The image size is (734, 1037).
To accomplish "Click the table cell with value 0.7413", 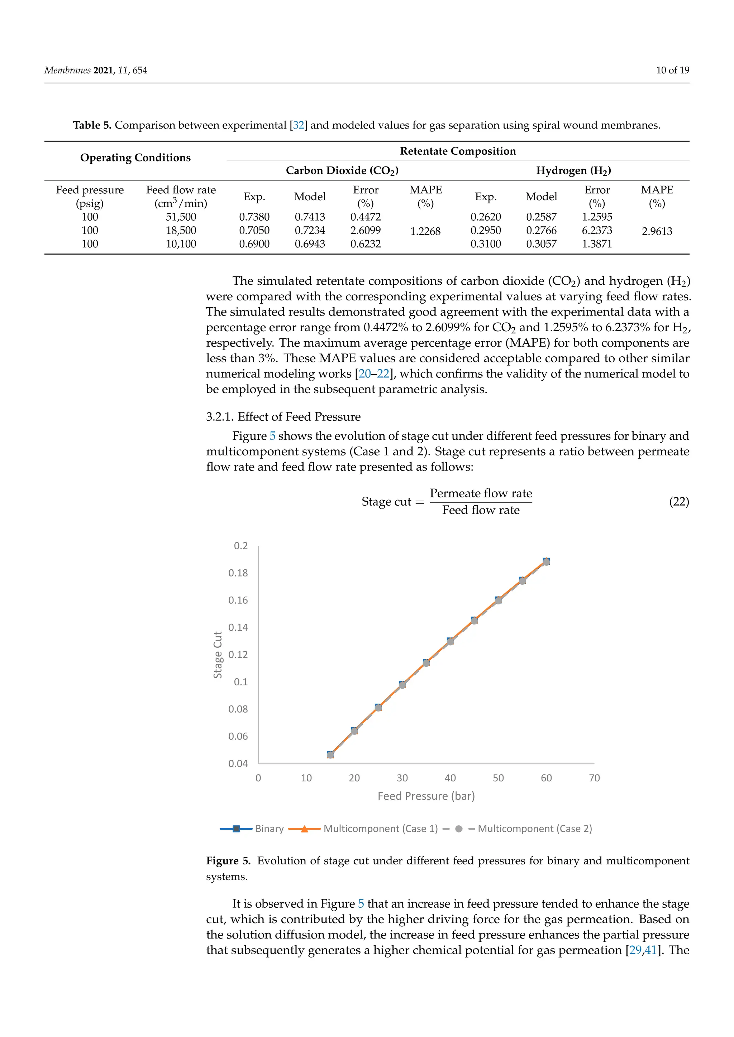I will tap(310, 217).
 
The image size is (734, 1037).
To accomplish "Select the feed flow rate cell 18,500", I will tap(181, 230).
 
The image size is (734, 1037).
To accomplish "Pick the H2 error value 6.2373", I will tap(597, 230).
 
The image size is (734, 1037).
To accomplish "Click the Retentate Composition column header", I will tap(457, 151).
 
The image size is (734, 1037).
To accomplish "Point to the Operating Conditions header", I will tap(135, 158).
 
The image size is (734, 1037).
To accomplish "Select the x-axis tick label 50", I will tap(498, 778).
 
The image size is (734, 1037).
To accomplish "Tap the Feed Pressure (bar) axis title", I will tap(426, 796).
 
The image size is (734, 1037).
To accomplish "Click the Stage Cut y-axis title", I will tap(218, 655).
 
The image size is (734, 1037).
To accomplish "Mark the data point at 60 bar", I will tap(546, 561).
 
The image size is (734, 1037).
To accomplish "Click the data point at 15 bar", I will tap(330, 755).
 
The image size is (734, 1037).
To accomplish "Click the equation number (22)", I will tap(679, 502).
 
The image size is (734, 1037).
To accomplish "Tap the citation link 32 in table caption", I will tap(298, 125).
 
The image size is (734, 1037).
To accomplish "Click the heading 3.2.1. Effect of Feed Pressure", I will tap(283, 416).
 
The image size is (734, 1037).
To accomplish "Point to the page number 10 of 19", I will tap(672, 70).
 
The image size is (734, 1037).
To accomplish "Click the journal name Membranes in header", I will tap(67, 70).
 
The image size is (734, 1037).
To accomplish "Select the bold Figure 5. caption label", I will tap(228, 861).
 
